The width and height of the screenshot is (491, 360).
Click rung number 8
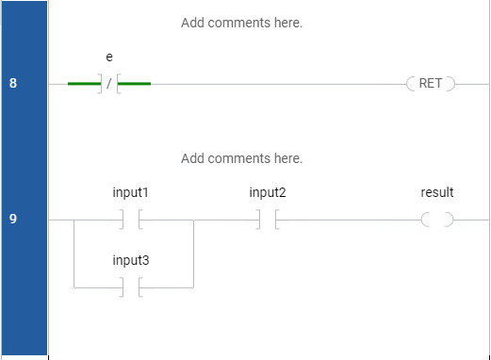[13, 83]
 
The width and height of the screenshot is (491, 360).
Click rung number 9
[13, 219]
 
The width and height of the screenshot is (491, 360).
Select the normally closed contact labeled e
[109, 84]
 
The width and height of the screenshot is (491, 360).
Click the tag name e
[109, 57]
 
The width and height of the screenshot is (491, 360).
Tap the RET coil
[431, 84]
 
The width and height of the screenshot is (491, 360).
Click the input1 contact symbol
[131, 220]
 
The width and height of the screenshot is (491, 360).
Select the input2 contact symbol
[268, 220]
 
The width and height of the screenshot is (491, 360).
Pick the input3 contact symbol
[131, 287]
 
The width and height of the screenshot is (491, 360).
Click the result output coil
[437, 220]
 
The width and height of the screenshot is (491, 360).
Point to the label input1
[130, 192]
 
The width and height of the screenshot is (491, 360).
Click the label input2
[268, 192]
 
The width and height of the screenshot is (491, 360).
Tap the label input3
[131, 260]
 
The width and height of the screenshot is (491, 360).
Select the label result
[437, 192]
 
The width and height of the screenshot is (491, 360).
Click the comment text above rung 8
[241, 23]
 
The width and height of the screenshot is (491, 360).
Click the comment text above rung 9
[241, 158]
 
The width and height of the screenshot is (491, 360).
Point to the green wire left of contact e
[84, 84]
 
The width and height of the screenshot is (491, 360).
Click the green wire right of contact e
[134, 84]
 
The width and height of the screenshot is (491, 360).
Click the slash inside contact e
[109, 84]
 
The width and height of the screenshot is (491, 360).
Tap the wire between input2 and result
[350, 220]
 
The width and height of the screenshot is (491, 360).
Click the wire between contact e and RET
[279, 84]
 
